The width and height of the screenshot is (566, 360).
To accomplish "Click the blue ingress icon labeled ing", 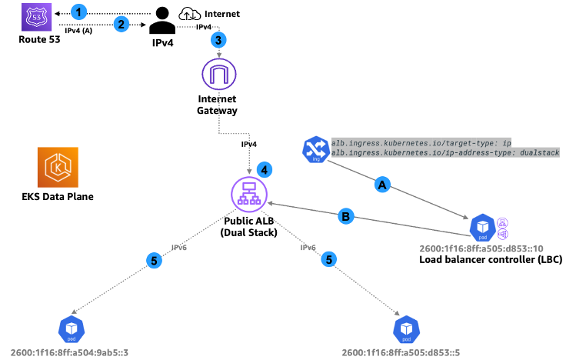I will (315, 148).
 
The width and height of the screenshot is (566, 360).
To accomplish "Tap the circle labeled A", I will (380, 185).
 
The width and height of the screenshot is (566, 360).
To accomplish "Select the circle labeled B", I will (347, 216).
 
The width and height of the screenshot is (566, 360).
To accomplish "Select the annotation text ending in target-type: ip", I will (421, 142).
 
